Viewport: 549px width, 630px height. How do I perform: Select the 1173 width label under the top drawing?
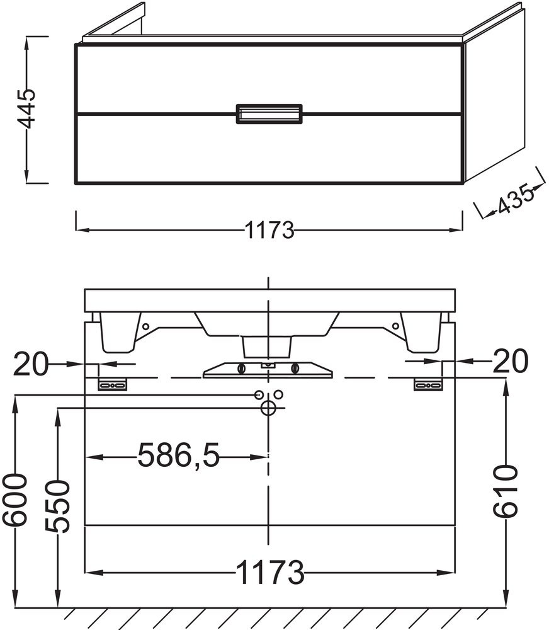[x=269, y=230]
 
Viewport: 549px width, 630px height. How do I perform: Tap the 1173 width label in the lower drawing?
[x=270, y=572]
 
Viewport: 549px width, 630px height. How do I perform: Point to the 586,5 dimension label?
[x=179, y=455]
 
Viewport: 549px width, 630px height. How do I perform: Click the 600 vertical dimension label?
[x=15, y=500]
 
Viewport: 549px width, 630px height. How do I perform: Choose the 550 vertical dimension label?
[x=57, y=507]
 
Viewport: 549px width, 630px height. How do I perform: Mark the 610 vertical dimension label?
[x=505, y=491]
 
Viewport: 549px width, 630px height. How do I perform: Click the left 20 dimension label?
[x=30, y=364]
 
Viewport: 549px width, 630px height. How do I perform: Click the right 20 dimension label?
[x=511, y=360]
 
